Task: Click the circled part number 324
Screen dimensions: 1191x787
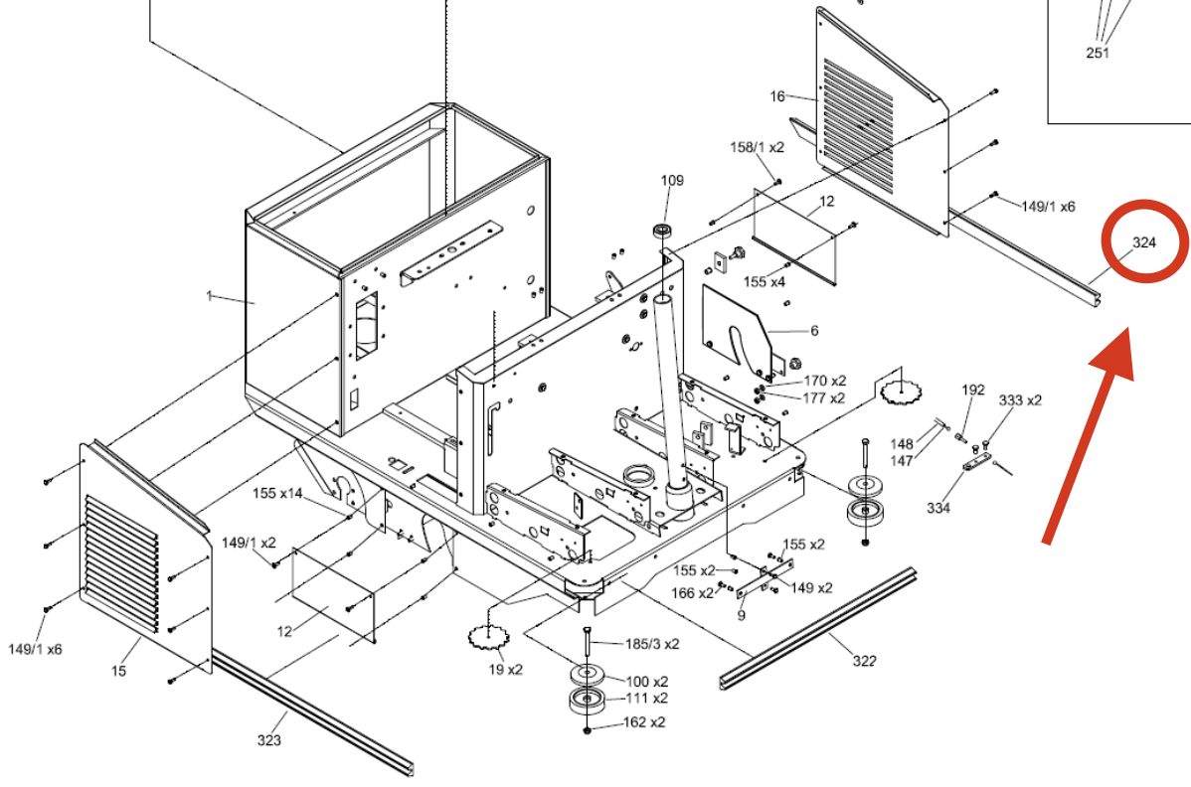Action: click(1144, 242)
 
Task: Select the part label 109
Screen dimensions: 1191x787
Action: click(672, 181)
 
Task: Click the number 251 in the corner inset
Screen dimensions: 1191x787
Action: click(1098, 53)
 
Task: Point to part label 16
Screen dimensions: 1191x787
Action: click(777, 96)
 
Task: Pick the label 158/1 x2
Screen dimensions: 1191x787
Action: click(758, 147)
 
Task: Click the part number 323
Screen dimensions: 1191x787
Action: click(268, 740)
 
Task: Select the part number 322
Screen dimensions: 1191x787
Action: click(864, 661)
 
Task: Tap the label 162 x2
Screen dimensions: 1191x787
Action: click(644, 722)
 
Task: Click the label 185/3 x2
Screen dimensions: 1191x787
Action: click(652, 644)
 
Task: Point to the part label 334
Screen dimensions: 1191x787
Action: click(938, 508)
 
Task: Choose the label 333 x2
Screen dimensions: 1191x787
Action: click(1020, 399)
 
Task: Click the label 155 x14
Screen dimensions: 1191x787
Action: click(277, 493)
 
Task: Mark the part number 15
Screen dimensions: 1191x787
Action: click(118, 671)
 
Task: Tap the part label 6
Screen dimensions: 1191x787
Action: click(814, 331)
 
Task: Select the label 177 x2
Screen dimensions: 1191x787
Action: click(824, 397)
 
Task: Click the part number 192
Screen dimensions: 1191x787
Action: click(973, 391)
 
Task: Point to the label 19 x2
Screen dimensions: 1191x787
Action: click(506, 670)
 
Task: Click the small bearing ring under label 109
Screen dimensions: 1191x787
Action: click(662, 230)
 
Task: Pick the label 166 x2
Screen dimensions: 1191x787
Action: click(693, 592)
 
